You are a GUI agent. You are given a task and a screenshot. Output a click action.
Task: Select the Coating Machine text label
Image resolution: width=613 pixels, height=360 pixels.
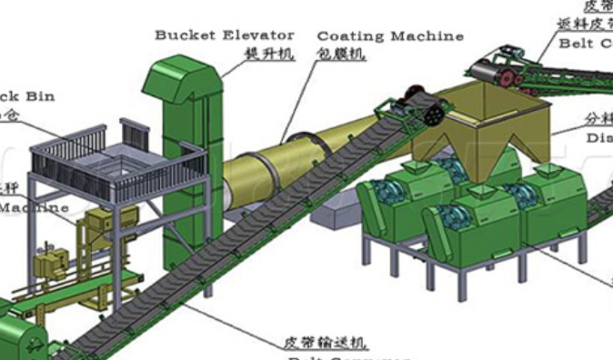[389, 36]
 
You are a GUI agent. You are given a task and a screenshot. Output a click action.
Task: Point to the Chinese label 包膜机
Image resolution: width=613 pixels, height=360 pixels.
[341, 55]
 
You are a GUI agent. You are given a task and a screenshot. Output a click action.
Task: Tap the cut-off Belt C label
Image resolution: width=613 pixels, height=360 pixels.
[586, 41]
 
